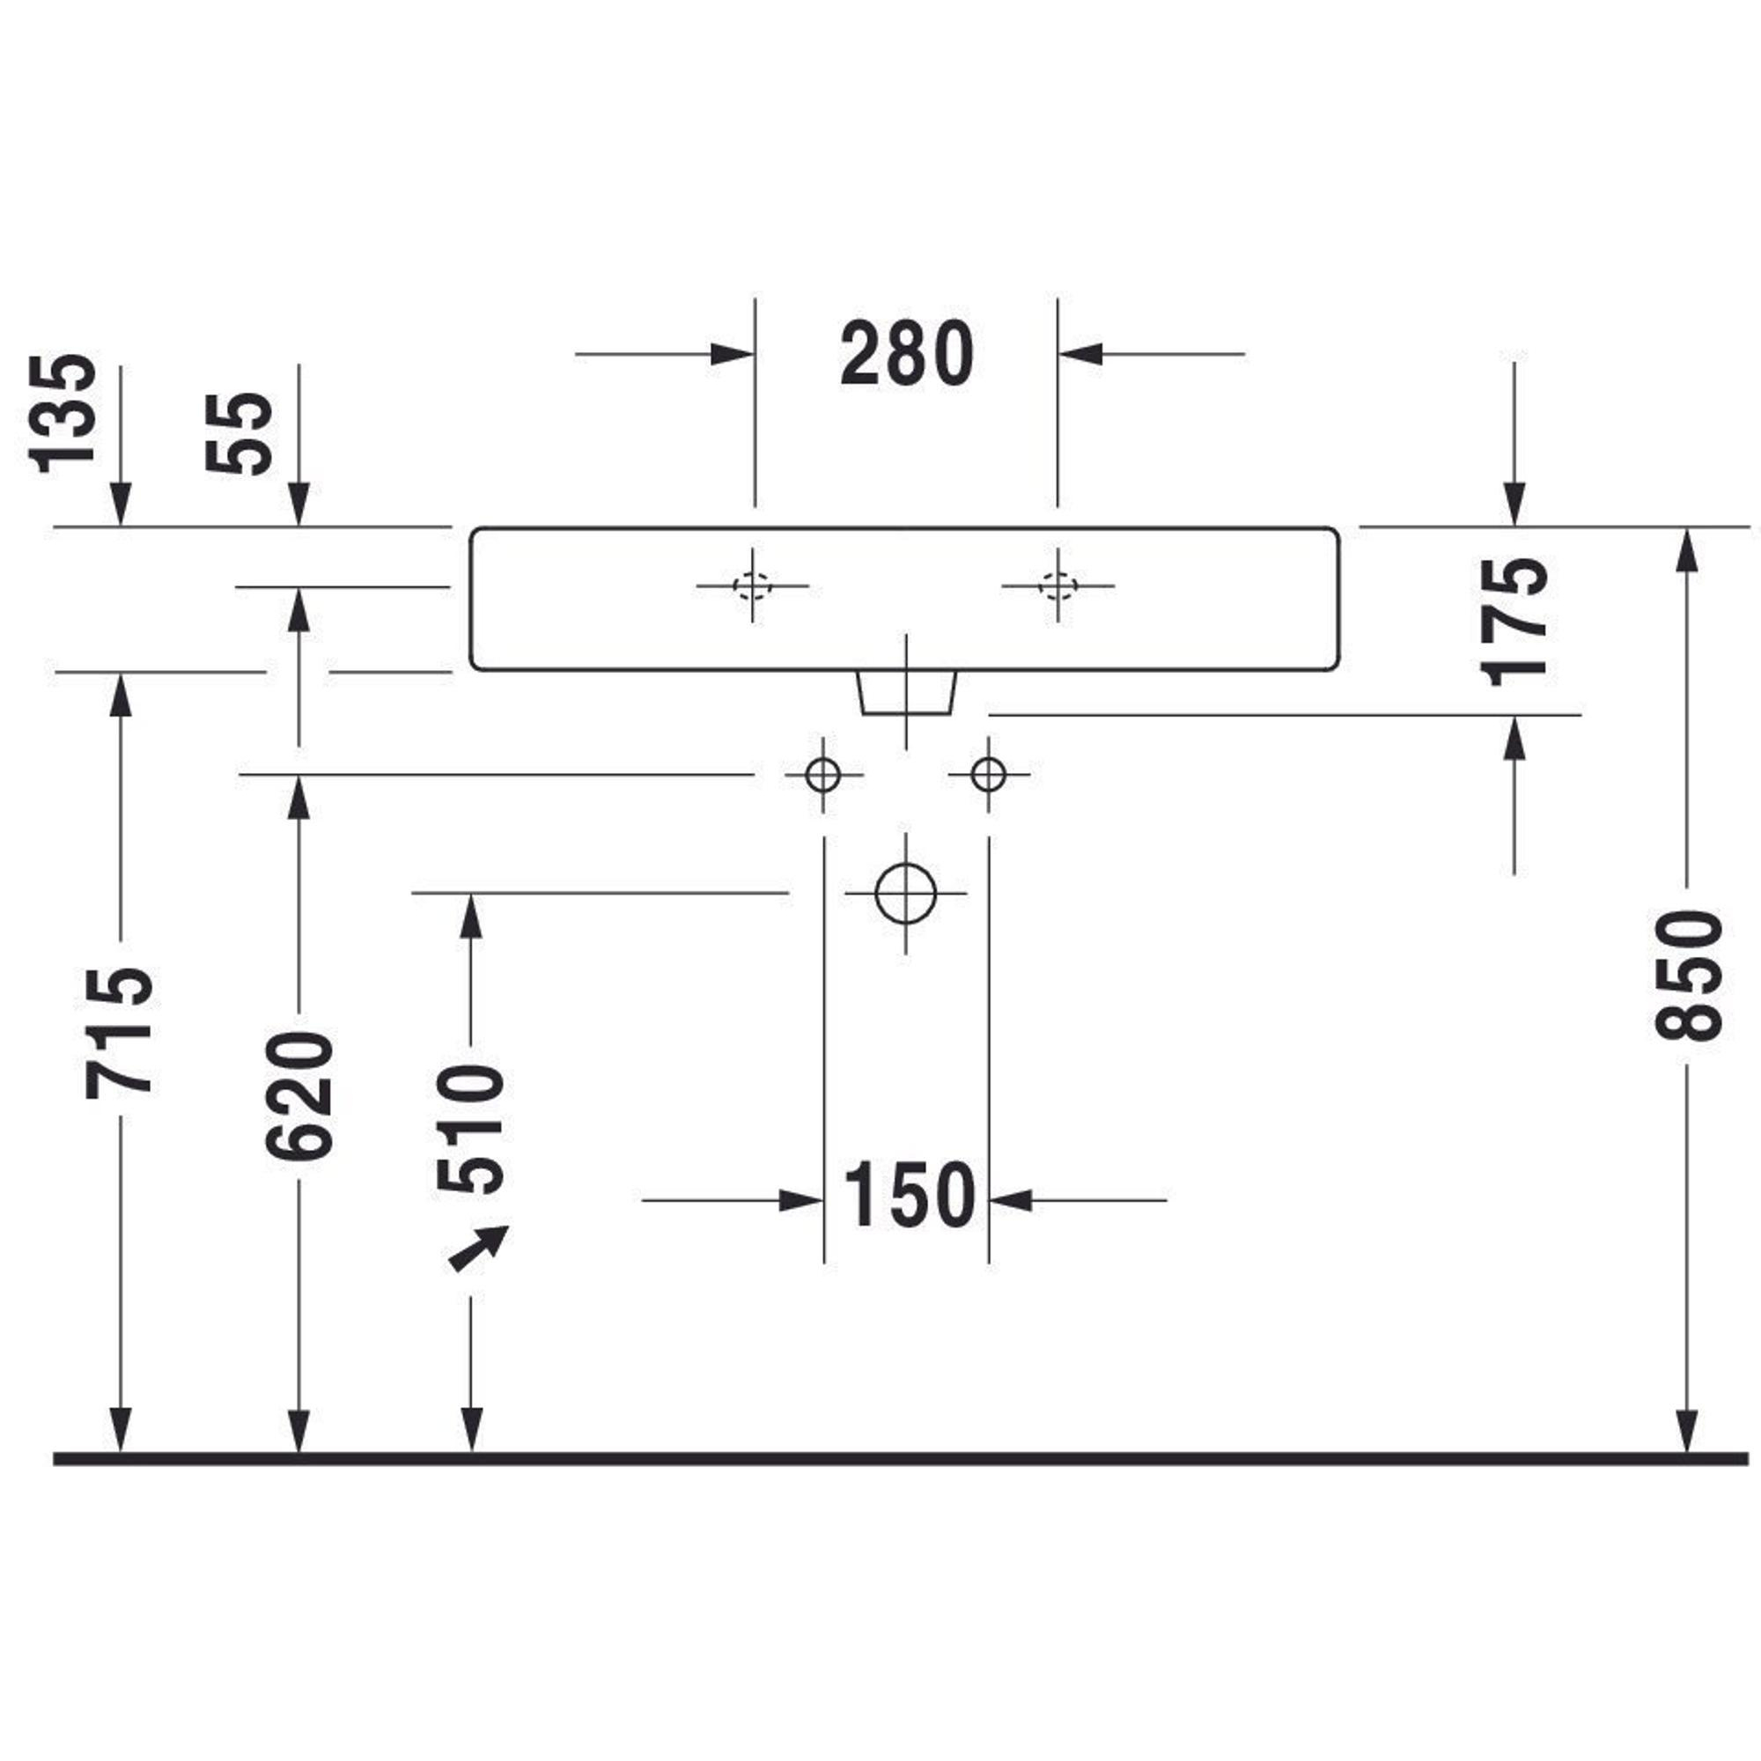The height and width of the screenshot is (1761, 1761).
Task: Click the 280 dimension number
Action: [x=907, y=354]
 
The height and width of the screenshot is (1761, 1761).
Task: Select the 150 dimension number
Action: [x=909, y=1195]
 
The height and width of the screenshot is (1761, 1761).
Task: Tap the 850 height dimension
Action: [x=1688, y=975]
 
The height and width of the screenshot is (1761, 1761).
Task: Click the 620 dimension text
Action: [x=300, y=1095]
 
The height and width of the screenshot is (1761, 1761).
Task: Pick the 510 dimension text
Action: [x=470, y=1130]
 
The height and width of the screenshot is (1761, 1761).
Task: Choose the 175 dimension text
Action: [x=1514, y=623]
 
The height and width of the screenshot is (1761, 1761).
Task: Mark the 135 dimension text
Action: [x=62, y=414]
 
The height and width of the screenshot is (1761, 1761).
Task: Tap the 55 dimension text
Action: [x=239, y=433]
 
